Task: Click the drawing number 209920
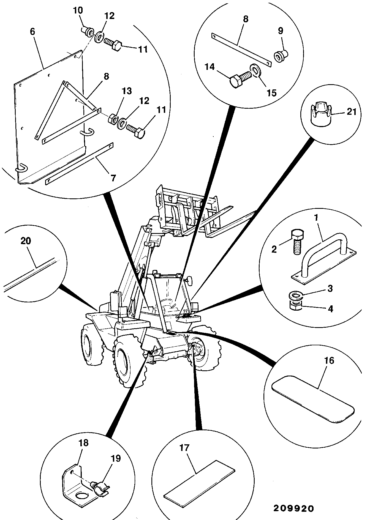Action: point(293,508)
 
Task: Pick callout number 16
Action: point(329,360)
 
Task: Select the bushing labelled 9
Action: point(281,56)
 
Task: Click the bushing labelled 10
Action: point(88,31)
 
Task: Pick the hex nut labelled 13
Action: point(113,119)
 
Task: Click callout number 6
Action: point(32,31)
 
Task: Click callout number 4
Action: point(330,309)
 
